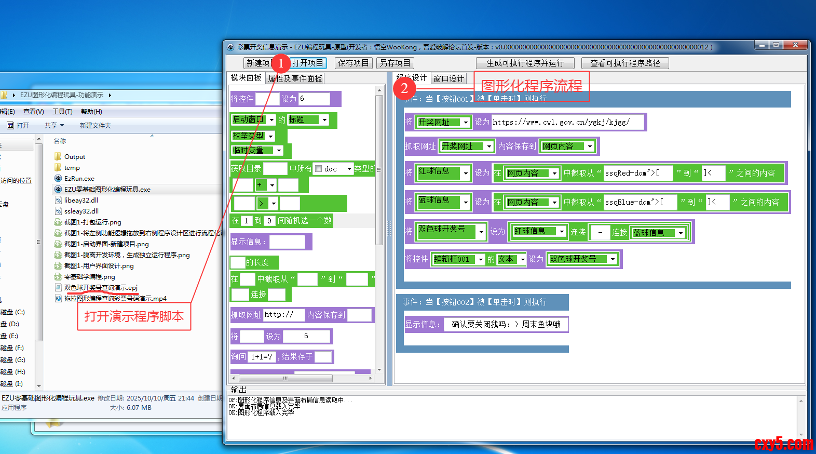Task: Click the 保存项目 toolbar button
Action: pyautogui.click(x=353, y=63)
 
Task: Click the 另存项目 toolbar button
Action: pyautogui.click(x=395, y=63)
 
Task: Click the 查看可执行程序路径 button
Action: pyautogui.click(x=625, y=63)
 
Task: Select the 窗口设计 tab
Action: pyautogui.click(x=448, y=78)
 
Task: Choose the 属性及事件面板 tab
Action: pyautogui.click(x=295, y=78)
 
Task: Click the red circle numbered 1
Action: pyautogui.click(x=281, y=63)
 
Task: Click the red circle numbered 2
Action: pyautogui.click(x=404, y=88)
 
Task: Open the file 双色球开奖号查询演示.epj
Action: pyautogui.click(x=101, y=288)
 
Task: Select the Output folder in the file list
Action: pyautogui.click(x=74, y=157)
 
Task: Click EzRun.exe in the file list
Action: pyautogui.click(x=79, y=179)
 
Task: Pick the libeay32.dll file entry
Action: pyautogui.click(x=81, y=201)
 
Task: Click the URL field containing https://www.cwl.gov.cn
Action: pyautogui.click(x=567, y=122)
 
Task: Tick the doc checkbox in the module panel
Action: pyautogui.click(x=319, y=169)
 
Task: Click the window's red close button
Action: pyautogui.click(x=795, y=45)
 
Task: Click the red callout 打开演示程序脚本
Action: pyautogui.click(x=134, y=316)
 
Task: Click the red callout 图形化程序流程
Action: pyautogui.click(x=532, y=86)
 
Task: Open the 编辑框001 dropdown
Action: pyautogui.click(x=481, y=259)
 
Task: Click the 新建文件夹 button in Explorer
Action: pyautogui.click(x=95, y=126)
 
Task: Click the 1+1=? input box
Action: pyautogui.click(x=262, y=357)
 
